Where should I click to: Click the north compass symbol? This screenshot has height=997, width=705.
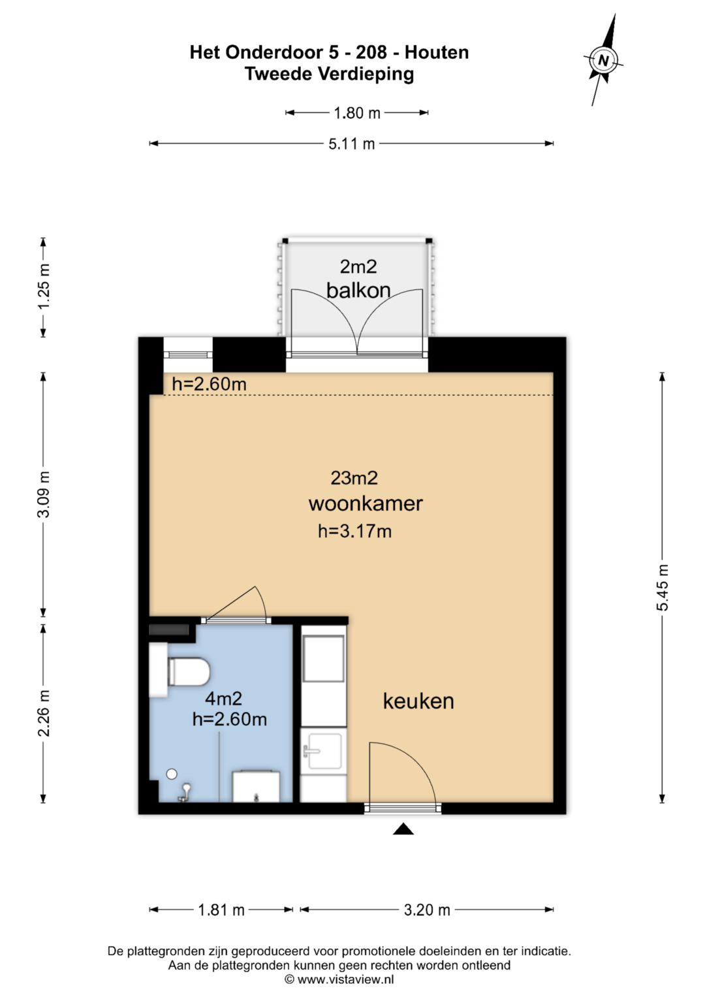(x=603, y=59)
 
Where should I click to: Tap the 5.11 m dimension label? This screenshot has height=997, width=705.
(x=352, y=144)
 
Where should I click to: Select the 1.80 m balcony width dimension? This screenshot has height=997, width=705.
(x=357, y=113)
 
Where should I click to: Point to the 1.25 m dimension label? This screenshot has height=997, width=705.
(x=44, y=287)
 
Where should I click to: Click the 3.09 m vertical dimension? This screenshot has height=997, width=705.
(x=44, y=494)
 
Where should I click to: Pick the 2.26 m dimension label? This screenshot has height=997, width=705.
(x=44, y=713)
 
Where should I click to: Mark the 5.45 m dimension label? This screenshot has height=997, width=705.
(x=663, y=588)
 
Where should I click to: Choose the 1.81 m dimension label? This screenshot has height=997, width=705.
(x=221, y=910)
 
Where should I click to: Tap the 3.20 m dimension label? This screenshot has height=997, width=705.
(x=427, y=910)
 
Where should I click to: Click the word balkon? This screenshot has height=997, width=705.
(x=358, y=290)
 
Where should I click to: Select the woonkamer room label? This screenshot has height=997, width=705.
(x=366, y=503)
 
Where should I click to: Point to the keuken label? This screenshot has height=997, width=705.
(x=418, y=701)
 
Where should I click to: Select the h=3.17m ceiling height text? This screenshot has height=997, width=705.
(x=354, y=531)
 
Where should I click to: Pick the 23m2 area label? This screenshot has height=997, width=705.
(x=354, y=478)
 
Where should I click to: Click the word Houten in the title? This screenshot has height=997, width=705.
(x=437, y=52)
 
